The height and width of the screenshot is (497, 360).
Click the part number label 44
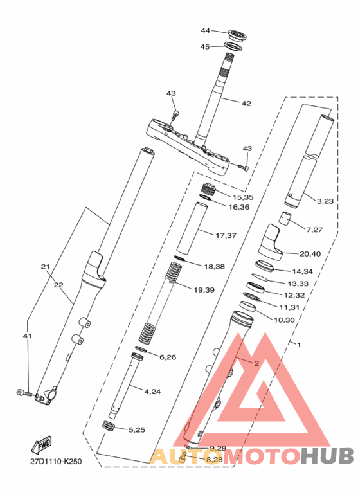(205, 30)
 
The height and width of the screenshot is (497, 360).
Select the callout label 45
(205, 46)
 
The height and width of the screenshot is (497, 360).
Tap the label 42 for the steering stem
(246, 104)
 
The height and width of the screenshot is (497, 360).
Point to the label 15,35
(243, 197)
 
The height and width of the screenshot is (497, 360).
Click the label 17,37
(226, 235)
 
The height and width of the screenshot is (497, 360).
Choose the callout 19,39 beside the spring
(204, 290)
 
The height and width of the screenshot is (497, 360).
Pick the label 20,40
(310, 254)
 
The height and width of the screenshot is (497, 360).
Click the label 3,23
(325, 201)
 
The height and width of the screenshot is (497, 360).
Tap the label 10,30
(284, 320)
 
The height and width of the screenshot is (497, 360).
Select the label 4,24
(152, 392)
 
